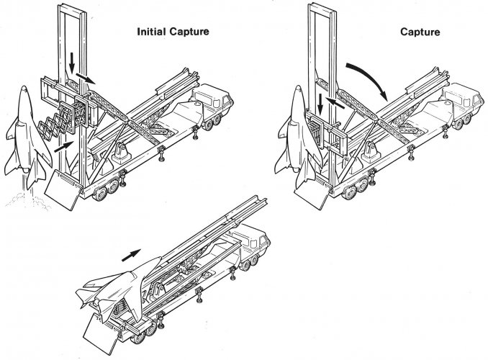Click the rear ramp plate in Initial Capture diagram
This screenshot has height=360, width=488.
[61, 191]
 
